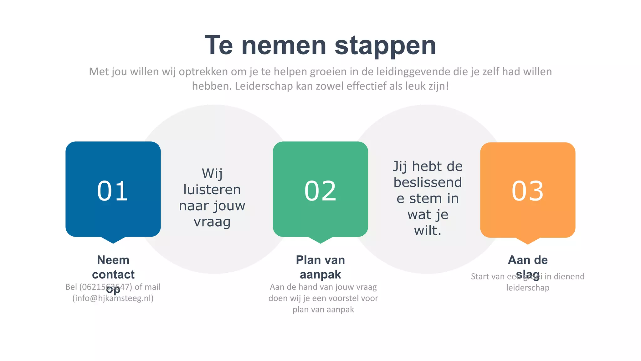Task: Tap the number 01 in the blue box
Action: pyautogui.click(x=113, y=191)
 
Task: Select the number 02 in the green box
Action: pyautogui.click(x=320, y=191)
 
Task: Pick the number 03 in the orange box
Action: pyautogui.click(x=528, y=191)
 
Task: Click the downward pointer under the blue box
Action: pyautogui.click(x=113, y=240)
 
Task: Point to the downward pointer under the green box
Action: pyautogui.click(x=320, y=240)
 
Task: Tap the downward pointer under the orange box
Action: pyautogui.click(x=528, y=241)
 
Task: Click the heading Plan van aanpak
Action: pyautogui.click(x=320, y=267)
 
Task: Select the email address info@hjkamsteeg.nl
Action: pyautogui.click(x=113, y=298)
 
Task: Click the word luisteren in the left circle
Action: pyautogui.click(x=212, y=190)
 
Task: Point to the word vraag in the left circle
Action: pyautogui.click(x=212, y=222)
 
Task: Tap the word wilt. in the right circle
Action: pyautogui.click(x=428, y=231)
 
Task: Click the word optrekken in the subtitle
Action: pyautogui.click(x=203, y=72)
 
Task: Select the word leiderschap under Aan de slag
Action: pyautogui.click(x=528, y=288)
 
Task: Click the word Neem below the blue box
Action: pyautogui.click(x=113, y=260)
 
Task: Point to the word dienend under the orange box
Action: pyautogui.click(x=569, y=276)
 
